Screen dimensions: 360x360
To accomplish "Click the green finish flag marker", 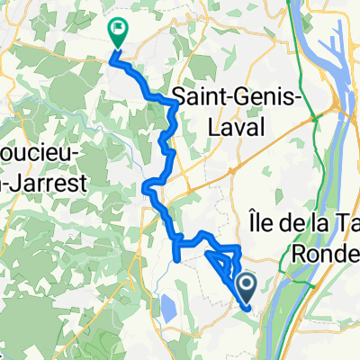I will point(118,32).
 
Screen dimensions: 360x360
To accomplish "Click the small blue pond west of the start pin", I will point(167,310).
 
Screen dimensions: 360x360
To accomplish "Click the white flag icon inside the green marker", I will point(118,31).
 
